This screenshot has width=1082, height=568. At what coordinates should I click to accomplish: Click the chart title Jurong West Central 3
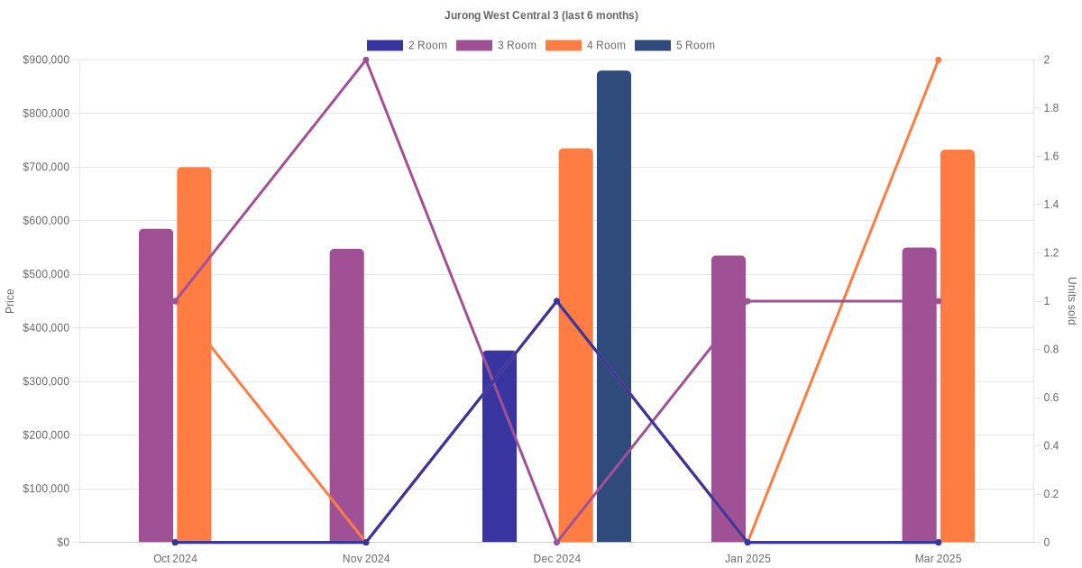click(x=541, y=15)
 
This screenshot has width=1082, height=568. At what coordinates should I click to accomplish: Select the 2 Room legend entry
click(x=407, y=45)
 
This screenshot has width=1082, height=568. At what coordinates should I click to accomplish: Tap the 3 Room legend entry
click(x=496, y=45)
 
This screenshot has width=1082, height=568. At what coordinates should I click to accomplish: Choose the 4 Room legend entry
click(x=585, y=45)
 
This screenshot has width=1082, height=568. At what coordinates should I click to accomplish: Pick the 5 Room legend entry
click(x=674, y=45)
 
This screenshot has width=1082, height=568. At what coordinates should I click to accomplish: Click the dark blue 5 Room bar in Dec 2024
click(x=614, y=307)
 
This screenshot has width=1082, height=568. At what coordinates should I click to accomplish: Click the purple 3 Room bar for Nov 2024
click(x=346, y=397)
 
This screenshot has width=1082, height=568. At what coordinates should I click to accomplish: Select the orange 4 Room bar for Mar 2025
click(x=958, y=346)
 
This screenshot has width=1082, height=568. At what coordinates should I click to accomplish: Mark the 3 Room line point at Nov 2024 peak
click(x=366, y=60)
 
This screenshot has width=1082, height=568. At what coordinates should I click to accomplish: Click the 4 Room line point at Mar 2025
click(x=939, y=60)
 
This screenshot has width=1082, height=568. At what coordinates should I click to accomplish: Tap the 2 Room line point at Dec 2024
click(x=556, y=301)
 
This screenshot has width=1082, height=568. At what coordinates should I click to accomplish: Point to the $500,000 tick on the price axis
click(x=45, y=274)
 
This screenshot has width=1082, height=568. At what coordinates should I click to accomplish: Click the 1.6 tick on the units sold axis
click(x=1051, y=157)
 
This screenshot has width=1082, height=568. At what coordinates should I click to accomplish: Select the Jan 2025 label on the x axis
click(x=747, y=559)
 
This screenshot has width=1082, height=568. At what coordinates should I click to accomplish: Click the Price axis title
click(x=10, y=301)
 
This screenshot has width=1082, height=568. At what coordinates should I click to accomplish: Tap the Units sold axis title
click(x=1072, y=301)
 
